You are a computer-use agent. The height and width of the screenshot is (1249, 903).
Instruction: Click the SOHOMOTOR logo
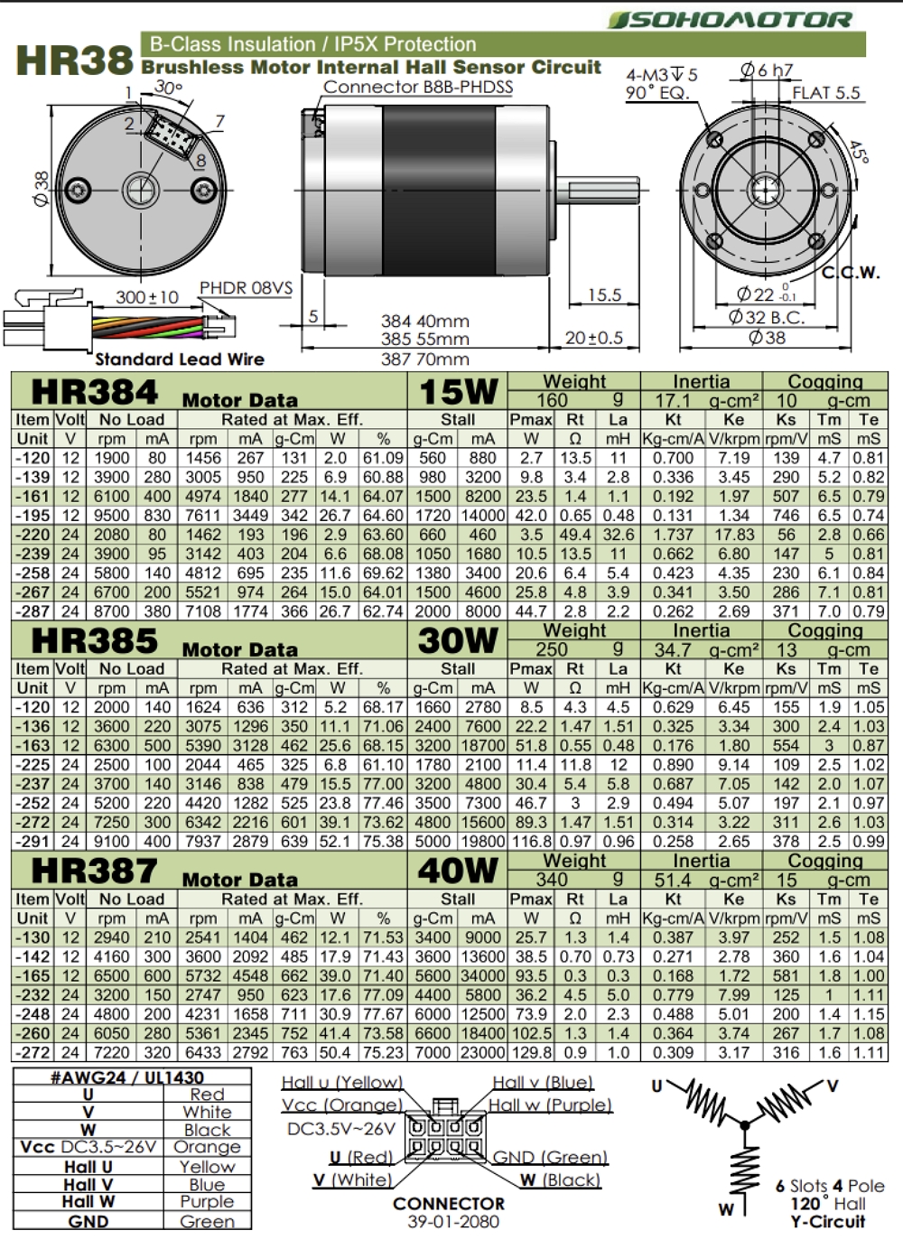tap(731, 20)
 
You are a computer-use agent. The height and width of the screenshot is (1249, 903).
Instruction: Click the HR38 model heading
tap(75, 61)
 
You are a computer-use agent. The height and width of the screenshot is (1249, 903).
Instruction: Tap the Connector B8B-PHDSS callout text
tap(418, 87)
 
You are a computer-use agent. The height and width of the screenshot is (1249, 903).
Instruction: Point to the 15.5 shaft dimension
tap(605, 294)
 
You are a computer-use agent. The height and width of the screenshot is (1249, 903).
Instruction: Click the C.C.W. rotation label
tap(852, 273)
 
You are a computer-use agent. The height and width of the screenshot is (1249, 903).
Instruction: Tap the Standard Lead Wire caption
tap(180, 359)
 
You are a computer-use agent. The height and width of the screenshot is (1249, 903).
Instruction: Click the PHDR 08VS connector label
tap(246, 288)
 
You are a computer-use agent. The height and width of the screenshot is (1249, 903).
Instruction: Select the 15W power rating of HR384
tap(458, 391)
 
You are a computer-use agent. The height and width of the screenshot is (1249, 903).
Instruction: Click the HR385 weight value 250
tap(551, 649)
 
